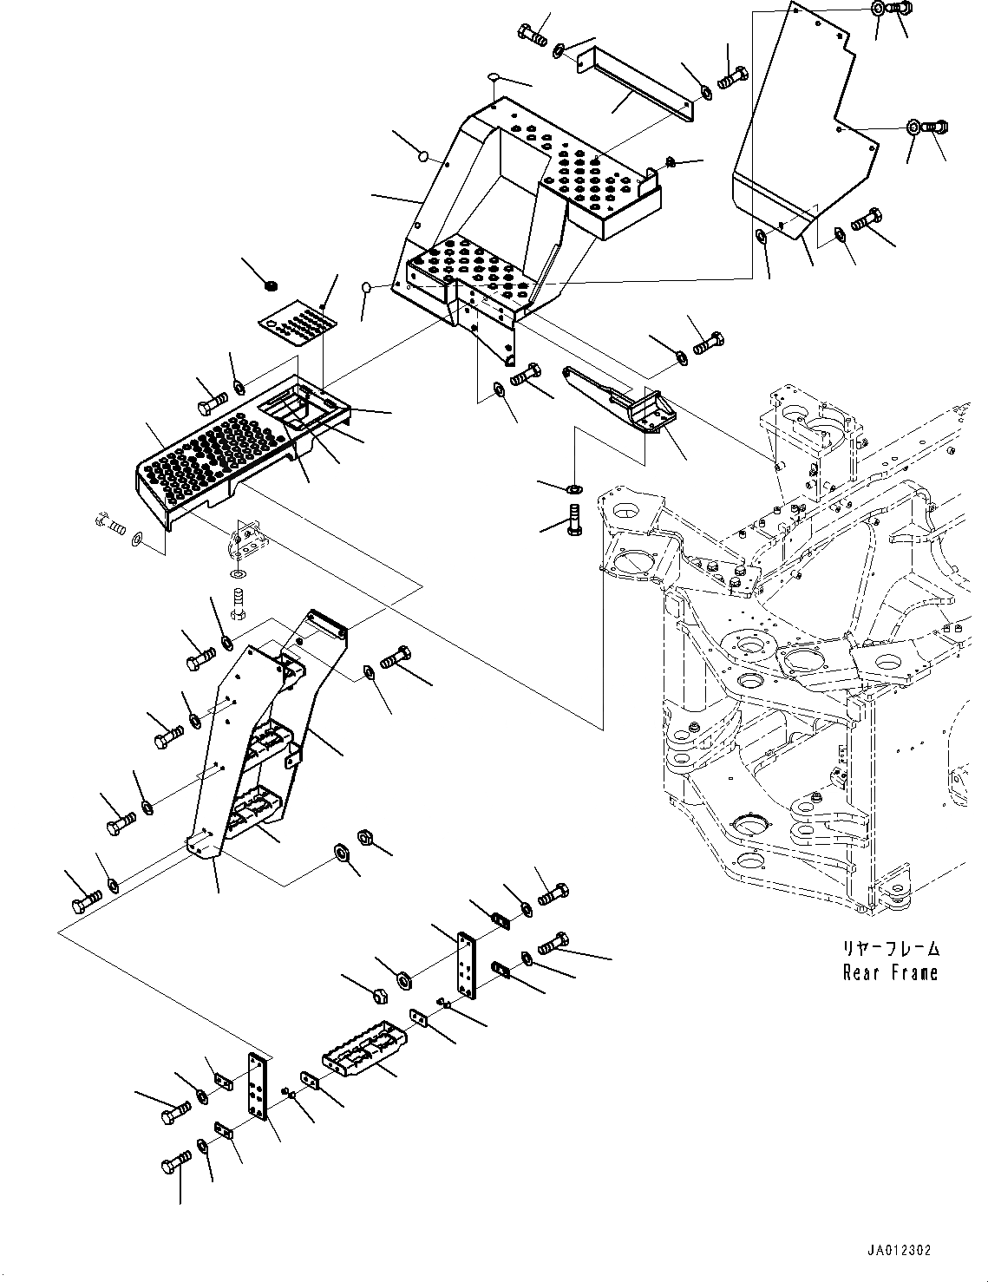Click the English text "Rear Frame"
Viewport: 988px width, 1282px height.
point(890,972)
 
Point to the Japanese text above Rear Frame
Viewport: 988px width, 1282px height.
point(890,949)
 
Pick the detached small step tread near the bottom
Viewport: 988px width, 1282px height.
point(365,1050)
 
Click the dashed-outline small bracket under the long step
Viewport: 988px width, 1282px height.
point(248,540)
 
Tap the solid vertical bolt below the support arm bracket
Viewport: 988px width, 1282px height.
point(573,518)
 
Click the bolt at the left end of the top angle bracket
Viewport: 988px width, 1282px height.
point(532,36)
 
